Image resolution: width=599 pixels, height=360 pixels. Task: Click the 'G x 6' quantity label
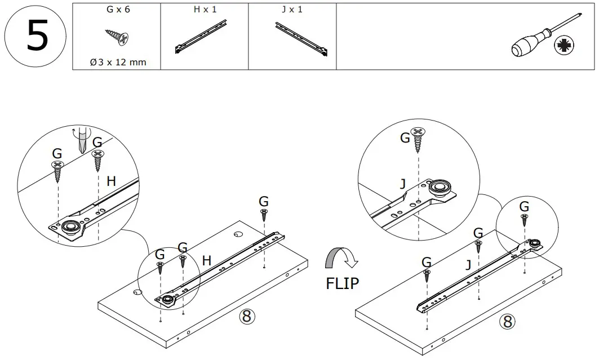118,10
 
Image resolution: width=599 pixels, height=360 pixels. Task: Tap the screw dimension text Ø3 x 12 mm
118,62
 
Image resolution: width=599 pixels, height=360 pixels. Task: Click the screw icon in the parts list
118,37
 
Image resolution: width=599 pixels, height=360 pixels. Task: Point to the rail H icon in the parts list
203,38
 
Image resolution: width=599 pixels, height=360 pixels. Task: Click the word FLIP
342,283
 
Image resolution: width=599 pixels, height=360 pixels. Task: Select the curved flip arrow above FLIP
341,260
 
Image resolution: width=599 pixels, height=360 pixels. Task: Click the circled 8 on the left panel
246,316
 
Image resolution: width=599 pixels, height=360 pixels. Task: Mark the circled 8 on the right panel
507,322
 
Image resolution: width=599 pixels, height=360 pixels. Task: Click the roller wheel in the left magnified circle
71,228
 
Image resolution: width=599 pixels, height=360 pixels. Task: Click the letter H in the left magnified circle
112,181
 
